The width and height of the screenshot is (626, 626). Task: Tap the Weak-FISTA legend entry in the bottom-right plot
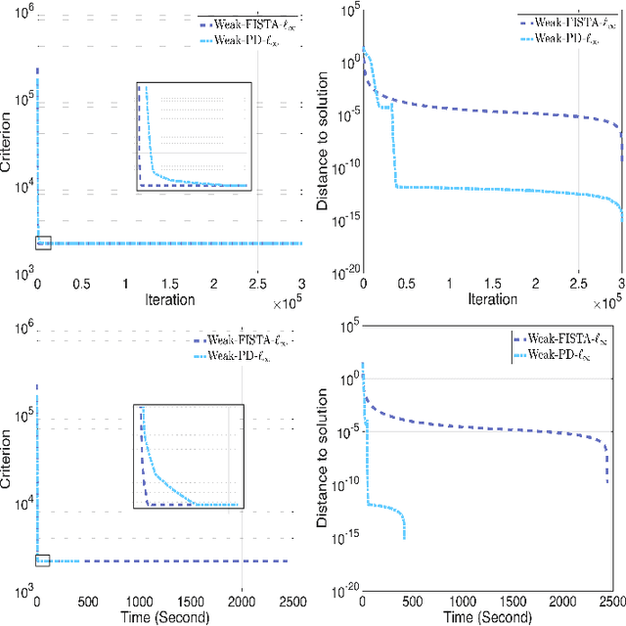[x=565, y=342]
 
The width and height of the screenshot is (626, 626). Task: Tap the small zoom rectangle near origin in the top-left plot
[x=42, y=243]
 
